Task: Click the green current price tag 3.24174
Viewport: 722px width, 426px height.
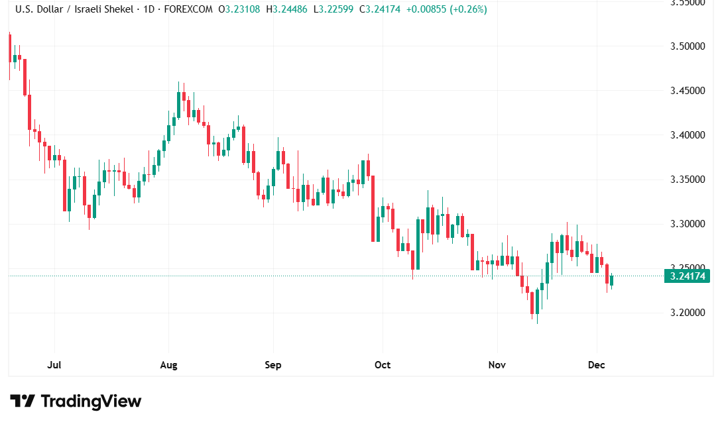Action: tap(686, 276)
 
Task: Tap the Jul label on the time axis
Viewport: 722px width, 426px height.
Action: tap(55, 365)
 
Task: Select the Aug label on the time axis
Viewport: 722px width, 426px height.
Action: tap(168, 365)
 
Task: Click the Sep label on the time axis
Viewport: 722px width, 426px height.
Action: tap(272, 365)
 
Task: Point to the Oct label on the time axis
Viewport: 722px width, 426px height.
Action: tap(383, 365)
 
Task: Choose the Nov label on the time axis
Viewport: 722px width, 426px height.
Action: tap(497, 365)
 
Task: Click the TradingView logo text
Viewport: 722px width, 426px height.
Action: tap(91, 401)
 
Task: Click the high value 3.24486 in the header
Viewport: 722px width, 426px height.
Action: tap(290, 10)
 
